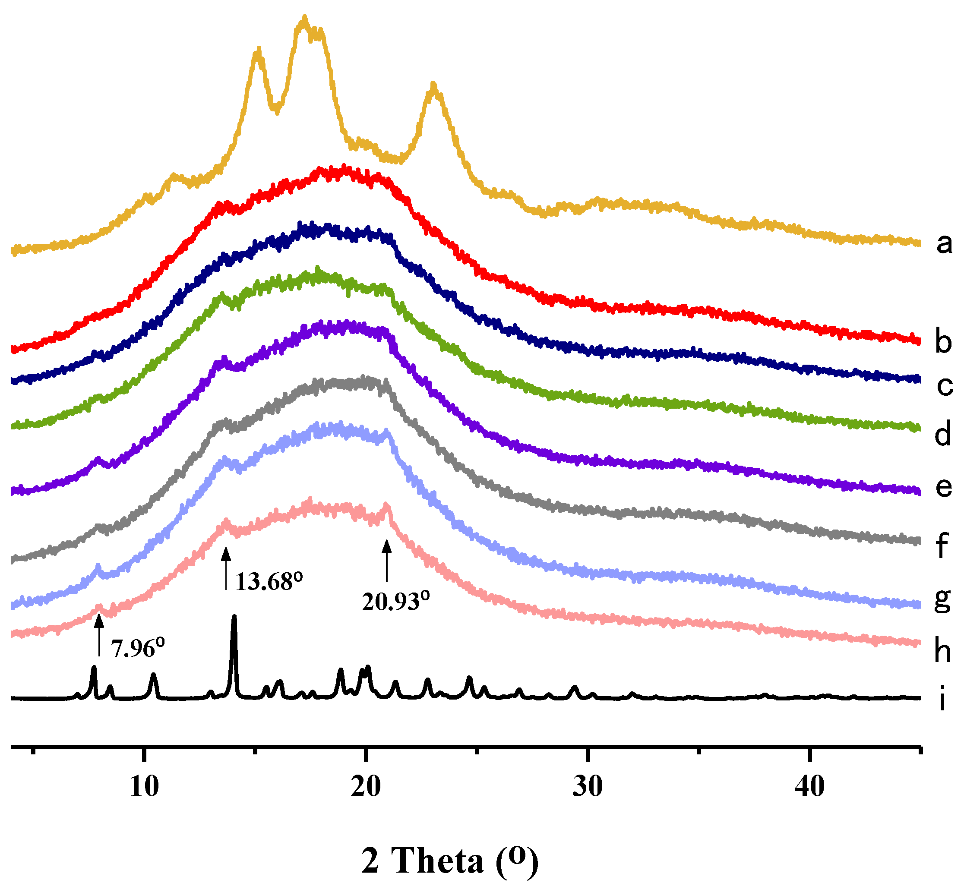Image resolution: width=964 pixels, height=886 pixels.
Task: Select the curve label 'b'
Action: (x=943, y=342)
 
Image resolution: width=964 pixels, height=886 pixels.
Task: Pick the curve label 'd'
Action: (x=943, y=435)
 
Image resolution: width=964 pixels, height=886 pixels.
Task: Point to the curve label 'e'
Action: (x=944, y=488)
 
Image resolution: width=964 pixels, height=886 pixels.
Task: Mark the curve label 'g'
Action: (x=942, y=599)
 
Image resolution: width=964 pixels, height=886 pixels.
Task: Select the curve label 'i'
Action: (x=942, y=699)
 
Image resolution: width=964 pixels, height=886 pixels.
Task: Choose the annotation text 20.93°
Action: (x=395, y=602)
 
